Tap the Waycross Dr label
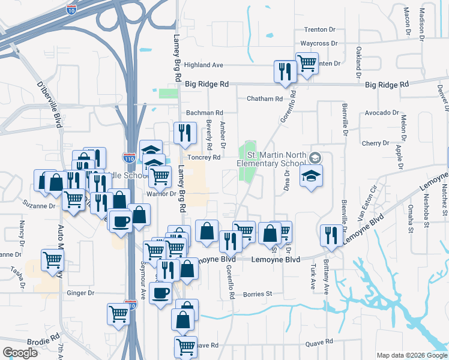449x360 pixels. click(319, 44)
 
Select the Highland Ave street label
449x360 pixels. click(203, 65)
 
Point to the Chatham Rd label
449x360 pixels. click(264, 98)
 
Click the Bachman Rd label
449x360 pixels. click(204, 113)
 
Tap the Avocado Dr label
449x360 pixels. click(382, 113)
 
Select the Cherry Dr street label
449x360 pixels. click(376, 143)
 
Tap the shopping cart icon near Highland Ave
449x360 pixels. click(307, 62)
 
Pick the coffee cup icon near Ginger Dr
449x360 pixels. click(160, 293)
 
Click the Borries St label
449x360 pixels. click(258, 294)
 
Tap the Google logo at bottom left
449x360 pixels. click(20, 352)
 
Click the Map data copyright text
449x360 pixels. click(411, 355)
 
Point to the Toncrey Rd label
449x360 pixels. click(205, 157)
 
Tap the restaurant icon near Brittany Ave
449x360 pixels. click(330, 235)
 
